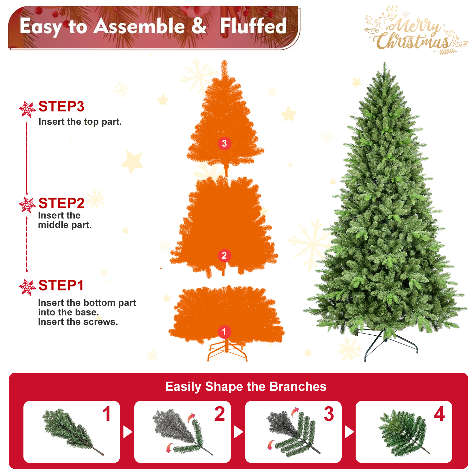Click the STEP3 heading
click(61, 107)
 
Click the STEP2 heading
click(61, 203)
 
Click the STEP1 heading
click(61, 286)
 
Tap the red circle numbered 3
click(225, 143)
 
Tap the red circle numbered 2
click(224, 256)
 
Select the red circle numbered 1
click(224, 332)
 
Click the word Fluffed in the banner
click(253, 26)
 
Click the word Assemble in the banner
click(139, 26)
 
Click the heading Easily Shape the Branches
click(246, 387)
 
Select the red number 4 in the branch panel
click(439, 414)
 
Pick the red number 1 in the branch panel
click(107, 414)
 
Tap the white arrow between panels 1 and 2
click(127, 432)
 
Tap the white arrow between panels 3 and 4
click(349, 432)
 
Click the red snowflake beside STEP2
click(27, 205)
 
